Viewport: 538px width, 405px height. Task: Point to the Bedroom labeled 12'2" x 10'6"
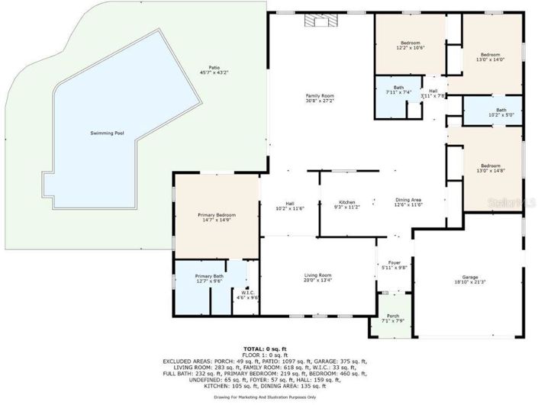pos(410,43)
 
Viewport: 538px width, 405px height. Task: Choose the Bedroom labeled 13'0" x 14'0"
pos(489,55)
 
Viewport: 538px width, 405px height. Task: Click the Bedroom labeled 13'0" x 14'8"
pos(489,166)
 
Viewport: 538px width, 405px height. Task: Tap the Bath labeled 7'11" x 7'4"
pos(398,88)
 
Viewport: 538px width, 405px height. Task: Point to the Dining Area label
pos(408,200)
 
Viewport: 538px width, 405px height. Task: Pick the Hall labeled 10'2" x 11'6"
pos(289,203)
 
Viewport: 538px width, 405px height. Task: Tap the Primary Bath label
pos(208,275)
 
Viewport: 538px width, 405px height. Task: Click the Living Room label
pos(318,275)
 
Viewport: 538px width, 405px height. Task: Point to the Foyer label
pos(395,262)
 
